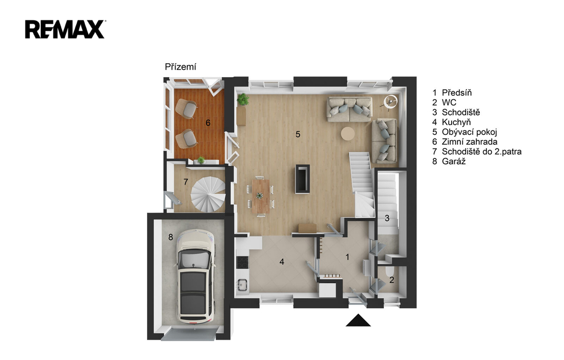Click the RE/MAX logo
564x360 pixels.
coord(65,29)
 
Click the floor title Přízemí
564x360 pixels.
coord(181,67)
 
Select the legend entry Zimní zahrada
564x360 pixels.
coord(469,141)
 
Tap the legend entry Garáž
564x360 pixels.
coord(454,161)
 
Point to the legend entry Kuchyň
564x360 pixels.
coord(456,122)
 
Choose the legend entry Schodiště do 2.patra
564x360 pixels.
coord(481,152)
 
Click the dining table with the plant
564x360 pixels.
coord(261,196)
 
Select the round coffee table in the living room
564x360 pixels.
coord(348,134)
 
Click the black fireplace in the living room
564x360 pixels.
coord(302,179)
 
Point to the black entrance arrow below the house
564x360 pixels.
coord(358,320)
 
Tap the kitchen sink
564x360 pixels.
coord(242,284)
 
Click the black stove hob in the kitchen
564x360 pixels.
coord(242,262)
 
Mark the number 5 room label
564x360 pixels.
coord(298,134)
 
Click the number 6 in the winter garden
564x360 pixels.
coord(208,123)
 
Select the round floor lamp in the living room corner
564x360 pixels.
coord(390,102)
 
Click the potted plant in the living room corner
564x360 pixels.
coord(243,99)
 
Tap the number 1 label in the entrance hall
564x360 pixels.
coord(348,257)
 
